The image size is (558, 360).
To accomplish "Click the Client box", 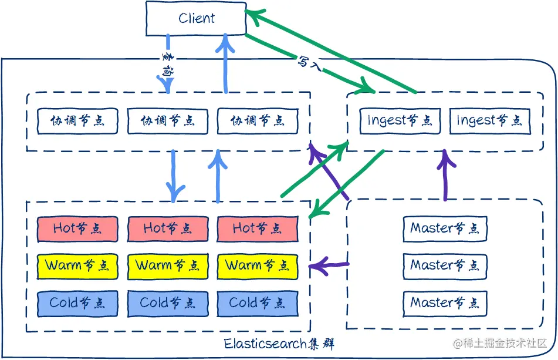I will coord(196,18).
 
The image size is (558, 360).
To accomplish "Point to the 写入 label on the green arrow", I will coord(309,62).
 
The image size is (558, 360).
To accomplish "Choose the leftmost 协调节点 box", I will coord(77,120).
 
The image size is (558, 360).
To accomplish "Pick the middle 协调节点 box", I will coord(167,120).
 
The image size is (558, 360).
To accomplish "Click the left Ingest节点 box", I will coord(399,120).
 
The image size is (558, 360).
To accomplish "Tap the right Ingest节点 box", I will coord(489,120).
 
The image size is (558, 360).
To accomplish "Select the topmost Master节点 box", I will coord(445,228).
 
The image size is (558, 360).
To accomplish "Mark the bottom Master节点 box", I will coord(445,303).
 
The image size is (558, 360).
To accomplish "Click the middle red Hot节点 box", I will coord(167,228).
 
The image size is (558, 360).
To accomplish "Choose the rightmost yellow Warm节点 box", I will coord(257,265).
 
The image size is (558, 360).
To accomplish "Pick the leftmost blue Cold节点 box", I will coord(77,303).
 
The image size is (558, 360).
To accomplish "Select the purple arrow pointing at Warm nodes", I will coord(330,266).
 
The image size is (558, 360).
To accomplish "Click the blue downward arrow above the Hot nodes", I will coord(174,175).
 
